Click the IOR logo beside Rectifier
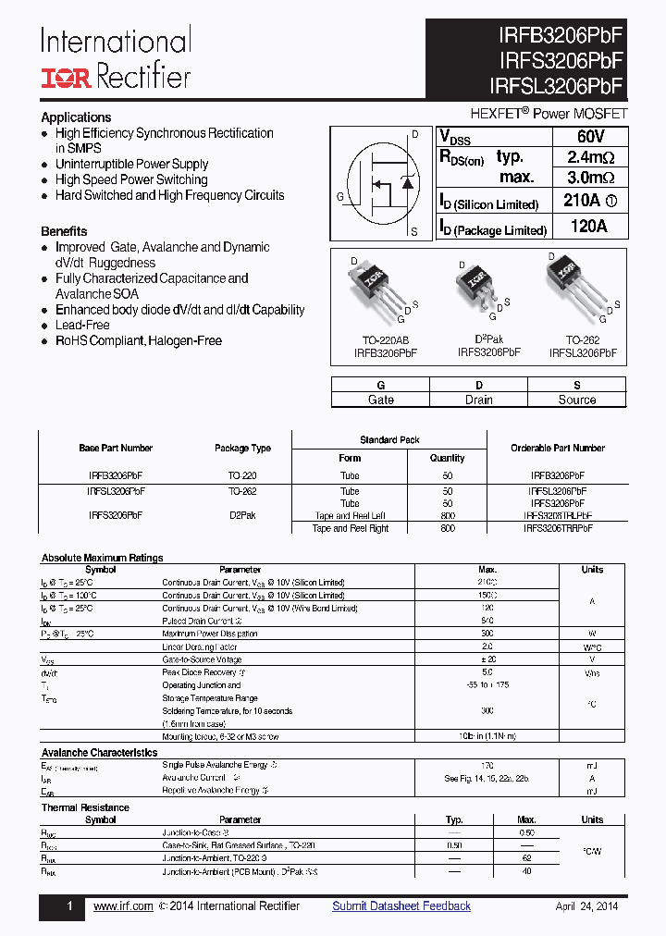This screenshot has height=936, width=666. tap(65, 77)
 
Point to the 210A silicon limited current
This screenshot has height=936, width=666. tap(590, 202)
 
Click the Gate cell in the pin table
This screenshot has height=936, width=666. tap(380, 400)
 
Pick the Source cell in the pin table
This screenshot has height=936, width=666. tap(577, 400)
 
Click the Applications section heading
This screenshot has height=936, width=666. tap(76, 117)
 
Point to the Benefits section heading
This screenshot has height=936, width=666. tap(64, 231)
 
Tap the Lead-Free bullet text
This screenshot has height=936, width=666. tap(82, 326)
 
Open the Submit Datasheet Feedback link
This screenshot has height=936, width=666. tap(401, 906)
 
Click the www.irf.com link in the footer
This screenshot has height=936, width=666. tap(123, 906)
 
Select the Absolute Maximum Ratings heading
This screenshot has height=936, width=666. tap(102, 558)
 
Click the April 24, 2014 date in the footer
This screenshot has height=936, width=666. tap(586, 906)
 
